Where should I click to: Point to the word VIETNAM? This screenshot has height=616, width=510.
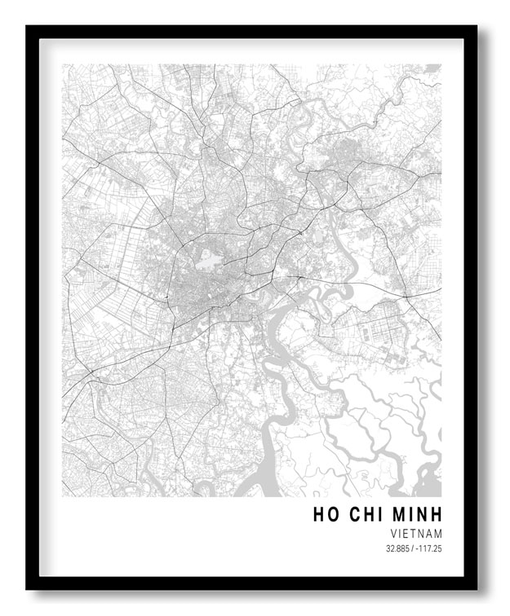[x=416, y=533]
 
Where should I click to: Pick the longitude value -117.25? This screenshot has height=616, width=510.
[x=429, y=548]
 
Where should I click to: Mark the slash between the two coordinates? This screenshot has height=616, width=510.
[x=414, y=548]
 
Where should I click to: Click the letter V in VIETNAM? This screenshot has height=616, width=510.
[x=394, y=533]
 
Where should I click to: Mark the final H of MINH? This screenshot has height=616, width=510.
[x=435, y=514]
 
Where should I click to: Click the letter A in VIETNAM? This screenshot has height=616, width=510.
[x=429, y=533]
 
